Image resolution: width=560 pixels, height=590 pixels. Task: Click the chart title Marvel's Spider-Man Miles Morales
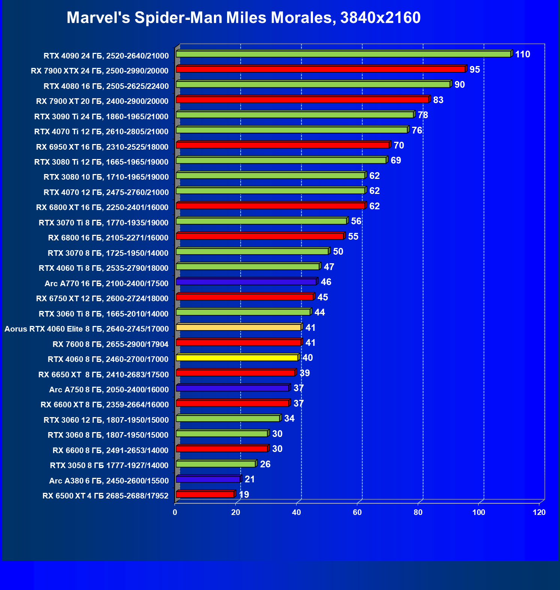(x=244, y=18)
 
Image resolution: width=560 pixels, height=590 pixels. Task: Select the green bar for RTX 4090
(x=343, y=54)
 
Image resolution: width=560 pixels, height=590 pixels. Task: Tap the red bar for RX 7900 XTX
(x=321, y=69)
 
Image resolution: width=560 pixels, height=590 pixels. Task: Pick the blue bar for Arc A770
(x=246, y=282)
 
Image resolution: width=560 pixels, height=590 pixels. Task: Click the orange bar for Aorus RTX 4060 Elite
(x=239, y=327)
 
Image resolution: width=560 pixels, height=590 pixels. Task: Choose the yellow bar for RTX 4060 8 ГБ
(x=237, y=358)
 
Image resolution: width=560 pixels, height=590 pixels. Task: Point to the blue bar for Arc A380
(x=208, y=479)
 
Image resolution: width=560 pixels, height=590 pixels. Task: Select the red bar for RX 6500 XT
(x=205, y=494)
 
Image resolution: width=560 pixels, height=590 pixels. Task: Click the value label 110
(x=522, y=54)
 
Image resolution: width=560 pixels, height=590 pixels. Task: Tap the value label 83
(x=438, y=100)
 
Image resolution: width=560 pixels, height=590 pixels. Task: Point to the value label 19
(x=244, y=495)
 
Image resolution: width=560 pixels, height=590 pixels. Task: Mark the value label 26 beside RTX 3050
(x=265, y=464)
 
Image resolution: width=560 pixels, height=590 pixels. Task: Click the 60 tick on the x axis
(x=357, y=512)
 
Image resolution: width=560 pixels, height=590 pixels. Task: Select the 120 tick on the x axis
(x=539, y=512)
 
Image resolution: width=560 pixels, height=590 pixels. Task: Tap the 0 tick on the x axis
(x=175, y=512)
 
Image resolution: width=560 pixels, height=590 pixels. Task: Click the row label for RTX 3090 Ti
(x=101, y=117)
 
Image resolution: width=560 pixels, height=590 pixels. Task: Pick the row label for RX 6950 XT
(x=102, y=147)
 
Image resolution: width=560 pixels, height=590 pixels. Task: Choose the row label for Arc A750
(x=109, y=390)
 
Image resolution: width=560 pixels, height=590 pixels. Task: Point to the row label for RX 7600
(x=110, y=344)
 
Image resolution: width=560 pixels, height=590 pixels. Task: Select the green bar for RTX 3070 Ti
(x=261, y=221)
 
